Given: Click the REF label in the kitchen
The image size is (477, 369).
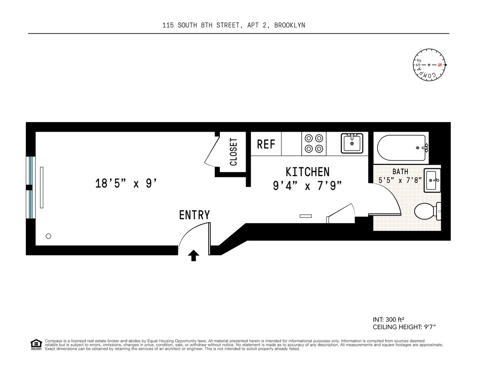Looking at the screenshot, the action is pos(266,144).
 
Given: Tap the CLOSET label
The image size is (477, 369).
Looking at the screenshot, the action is pos(234,151).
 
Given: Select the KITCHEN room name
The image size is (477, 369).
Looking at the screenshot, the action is pos(308,172).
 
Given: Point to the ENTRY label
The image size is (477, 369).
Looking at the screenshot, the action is pos(194,215).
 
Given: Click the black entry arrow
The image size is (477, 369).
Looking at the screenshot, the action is pos(194,256).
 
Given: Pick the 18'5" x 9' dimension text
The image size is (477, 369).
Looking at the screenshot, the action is pos(126,183).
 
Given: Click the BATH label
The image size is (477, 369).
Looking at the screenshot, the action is pos(400,171).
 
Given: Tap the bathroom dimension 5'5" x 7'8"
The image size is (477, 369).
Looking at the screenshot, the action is pos(400,180).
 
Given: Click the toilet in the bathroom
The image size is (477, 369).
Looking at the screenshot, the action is pos(427,211).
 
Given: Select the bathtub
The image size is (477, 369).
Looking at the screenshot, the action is pos(403,148).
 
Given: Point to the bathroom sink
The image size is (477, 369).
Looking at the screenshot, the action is pos(432,181).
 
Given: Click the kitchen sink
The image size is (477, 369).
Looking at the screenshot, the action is pos(352,143).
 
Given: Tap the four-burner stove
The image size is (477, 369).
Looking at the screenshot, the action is pos(314,144).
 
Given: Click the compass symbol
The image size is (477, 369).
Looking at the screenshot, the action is pos(429,65).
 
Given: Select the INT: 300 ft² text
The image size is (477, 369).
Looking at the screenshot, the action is pos(388,320).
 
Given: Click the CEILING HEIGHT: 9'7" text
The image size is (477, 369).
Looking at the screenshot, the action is pos(404,327).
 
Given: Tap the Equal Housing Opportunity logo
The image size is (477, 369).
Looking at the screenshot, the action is pos(36,345).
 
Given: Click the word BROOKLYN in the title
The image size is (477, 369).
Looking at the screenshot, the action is pos(290,25).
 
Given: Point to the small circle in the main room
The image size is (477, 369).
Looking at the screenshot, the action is pos(48,236).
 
